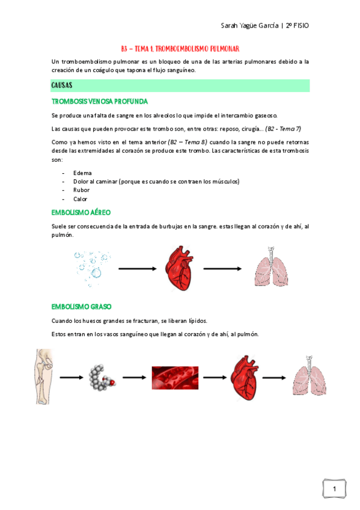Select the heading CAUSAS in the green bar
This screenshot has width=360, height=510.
[x=63, y=85]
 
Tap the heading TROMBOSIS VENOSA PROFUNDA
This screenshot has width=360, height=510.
[x=100, y=101]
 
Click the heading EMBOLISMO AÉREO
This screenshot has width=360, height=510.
[x=81, y=212]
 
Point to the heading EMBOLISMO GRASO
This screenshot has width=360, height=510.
[x=81, y=306]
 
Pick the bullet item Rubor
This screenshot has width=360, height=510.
[x=81, y=190]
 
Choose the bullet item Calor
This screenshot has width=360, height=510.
[x=80, y=199]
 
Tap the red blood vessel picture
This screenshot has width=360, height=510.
[x=175, y=378]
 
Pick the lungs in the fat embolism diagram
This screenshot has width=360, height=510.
[x=309, y=376]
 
